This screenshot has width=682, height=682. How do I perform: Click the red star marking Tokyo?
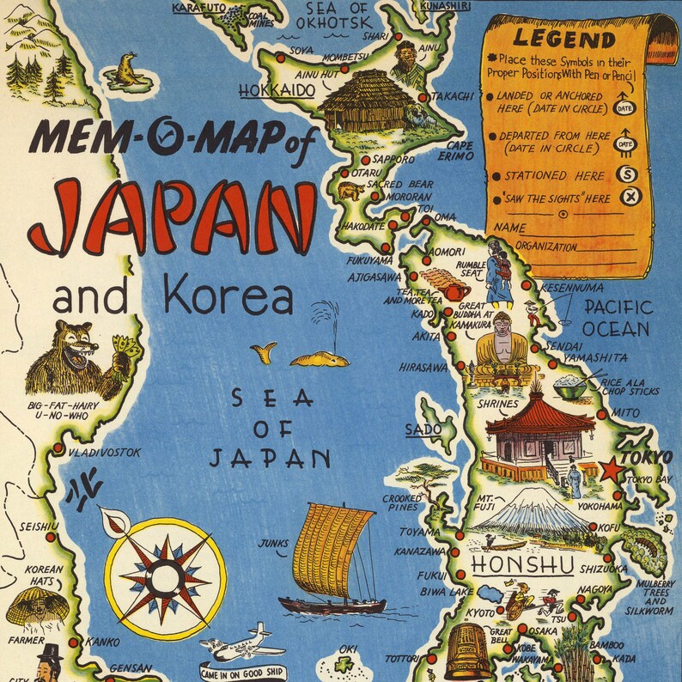pyautogui.click(x=610, y=471)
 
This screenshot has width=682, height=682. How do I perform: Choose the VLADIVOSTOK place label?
pyautogui.click(x=102, y=452)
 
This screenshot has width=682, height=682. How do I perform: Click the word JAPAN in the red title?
pyautogui.click(x=172, y=214)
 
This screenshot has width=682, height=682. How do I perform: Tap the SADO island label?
pyautogui.click(x=420, y=427)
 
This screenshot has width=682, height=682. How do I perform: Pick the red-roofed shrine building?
pyautogui.click(x=539, y=435)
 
